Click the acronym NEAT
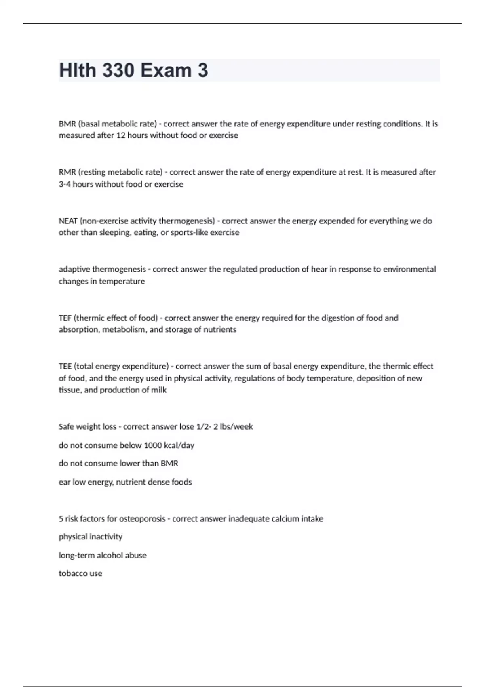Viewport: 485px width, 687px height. coord(68,221)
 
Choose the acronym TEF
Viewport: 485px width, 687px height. coord(65,318)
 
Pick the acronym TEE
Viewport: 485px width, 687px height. coord(65,367)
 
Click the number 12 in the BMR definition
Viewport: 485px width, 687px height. coord(121,135)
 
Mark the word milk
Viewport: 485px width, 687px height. coord(158,390)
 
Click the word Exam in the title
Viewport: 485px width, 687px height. coord(166,70)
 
